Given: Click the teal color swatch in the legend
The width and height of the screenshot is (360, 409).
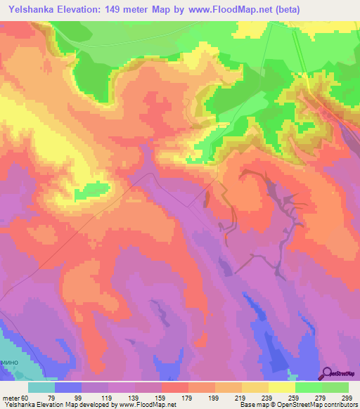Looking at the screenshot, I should pyautogui.click(x=41, y=387).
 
